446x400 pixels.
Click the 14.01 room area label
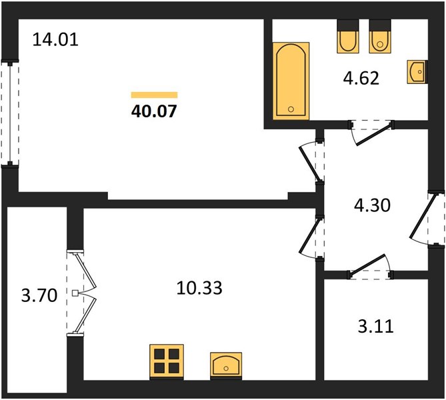(55, 39)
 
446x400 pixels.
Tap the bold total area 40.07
(154, 111)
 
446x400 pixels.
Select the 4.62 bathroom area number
(361, 78)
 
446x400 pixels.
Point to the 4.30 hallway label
(372, 205)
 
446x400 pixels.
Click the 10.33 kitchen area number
(199, 287)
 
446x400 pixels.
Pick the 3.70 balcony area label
(39, 295)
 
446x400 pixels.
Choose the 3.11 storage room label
(376, 326)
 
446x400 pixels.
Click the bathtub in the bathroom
(291, 81)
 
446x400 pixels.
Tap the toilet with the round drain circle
(380, 36)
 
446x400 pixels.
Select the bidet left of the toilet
(347, 36)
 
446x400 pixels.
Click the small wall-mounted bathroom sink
(417, 72)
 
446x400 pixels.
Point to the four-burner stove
(167, 362)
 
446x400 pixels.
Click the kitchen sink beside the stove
(226, 366)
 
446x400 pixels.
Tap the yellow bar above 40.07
(154, 95)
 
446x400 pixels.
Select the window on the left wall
(10, 113)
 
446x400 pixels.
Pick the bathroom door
(371, 132)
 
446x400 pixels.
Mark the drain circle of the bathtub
(291, 109)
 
